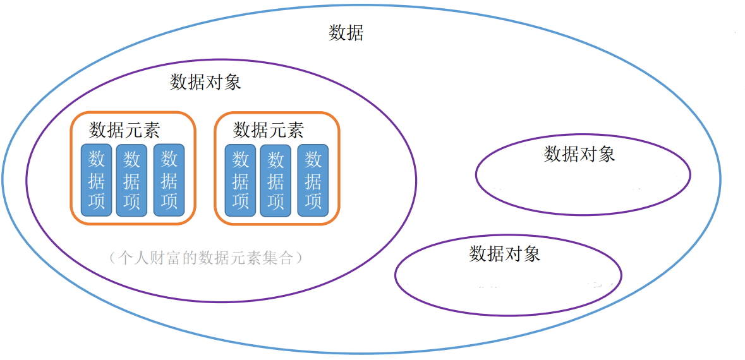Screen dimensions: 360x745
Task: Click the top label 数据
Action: (346, 33)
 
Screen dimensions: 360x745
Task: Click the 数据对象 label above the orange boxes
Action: (205, 82)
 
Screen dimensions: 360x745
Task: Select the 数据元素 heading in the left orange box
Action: (124, 130)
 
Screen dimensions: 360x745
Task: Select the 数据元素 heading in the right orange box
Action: (269, 130)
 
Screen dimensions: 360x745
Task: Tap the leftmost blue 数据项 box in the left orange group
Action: (96, 180)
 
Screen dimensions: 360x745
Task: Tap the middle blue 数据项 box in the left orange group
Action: (131, 180)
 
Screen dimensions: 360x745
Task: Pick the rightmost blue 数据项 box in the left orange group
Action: (169, 180)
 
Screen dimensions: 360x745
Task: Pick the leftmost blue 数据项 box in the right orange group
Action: (240, 180)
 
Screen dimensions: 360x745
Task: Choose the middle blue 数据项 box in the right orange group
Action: (276, 180)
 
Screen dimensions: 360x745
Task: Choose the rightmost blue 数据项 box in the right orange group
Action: (313, 180)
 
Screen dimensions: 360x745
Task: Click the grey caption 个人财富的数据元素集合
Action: (205, 258)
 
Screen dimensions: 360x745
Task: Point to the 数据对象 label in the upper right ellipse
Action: (579, 154)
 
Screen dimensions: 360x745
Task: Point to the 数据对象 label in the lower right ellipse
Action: (504, 254)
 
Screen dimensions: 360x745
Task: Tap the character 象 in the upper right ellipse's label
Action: (607, 154)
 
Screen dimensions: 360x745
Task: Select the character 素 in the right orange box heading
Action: (295, 130)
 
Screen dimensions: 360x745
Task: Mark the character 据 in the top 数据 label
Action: (354, 33)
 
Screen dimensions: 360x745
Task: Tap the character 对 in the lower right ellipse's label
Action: (513, 254)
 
